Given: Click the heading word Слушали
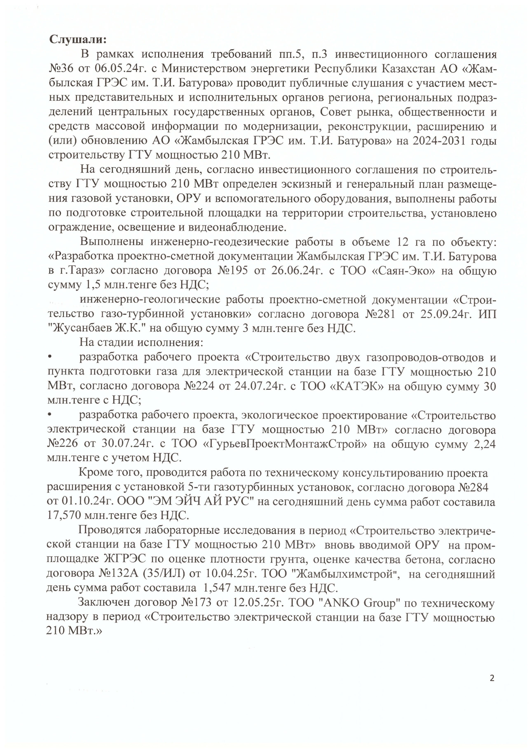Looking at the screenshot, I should (78, 40).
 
